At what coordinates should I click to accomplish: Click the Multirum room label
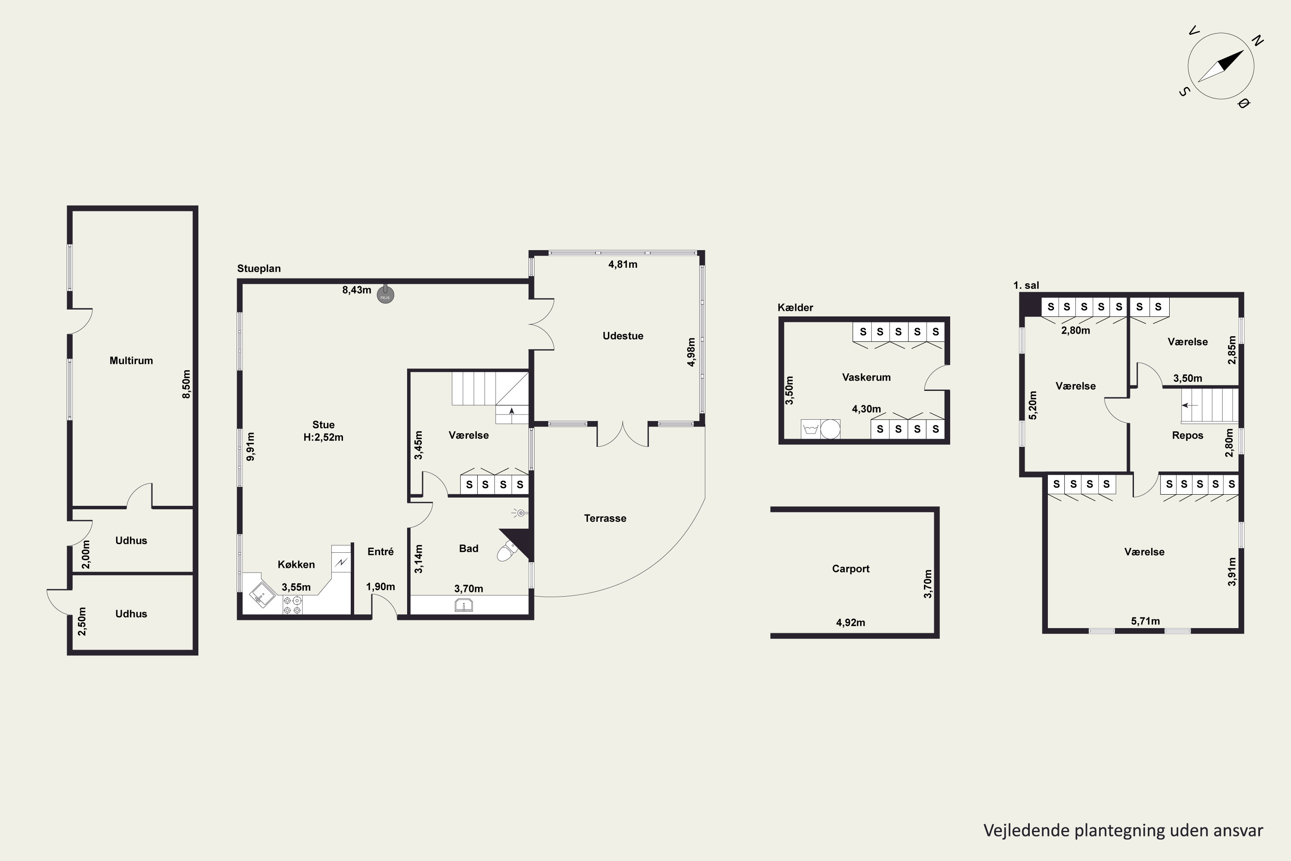(131, 361)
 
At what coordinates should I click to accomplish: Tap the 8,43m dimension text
(357, 290)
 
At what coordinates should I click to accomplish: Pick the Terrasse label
(605, 518)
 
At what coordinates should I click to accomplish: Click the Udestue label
(623, 336)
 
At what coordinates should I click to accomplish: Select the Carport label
(851, 569)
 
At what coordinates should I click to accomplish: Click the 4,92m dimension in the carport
(851, 623)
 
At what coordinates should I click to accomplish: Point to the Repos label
(1188, 435)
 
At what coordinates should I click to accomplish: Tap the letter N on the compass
(1257, 40)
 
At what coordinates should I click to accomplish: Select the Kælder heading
(795, 307)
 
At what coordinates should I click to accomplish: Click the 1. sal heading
(1026, 285)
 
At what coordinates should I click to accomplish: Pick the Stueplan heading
(259, 269)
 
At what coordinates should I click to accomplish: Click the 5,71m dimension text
(1146, 621)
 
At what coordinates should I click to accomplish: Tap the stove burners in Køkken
(292, 605)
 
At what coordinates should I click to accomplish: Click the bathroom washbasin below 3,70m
(464, 606)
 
